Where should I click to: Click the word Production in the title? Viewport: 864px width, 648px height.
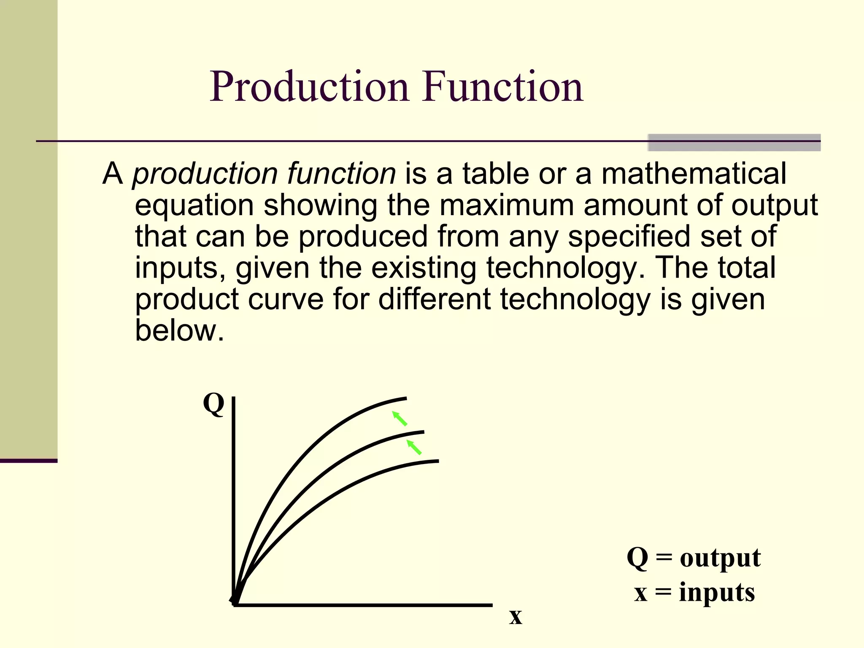click(309, 87)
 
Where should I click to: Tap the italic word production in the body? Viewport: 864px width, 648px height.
click(205, 174)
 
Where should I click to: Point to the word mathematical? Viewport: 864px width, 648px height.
click(694, 174)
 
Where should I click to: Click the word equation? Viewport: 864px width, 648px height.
click(194, 205)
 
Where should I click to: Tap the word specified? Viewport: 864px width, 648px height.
click(629, 236)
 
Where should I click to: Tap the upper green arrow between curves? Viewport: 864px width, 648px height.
click(400, 418)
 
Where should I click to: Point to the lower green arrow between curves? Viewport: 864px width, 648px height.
click(414, 447)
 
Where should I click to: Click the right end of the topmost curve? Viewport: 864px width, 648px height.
click(405, 398)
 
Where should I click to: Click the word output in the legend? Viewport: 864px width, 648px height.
click(720, 558)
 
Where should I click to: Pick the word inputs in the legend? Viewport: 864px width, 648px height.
click(717, 592)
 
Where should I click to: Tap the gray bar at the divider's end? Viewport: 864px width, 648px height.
click(734, 143)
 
